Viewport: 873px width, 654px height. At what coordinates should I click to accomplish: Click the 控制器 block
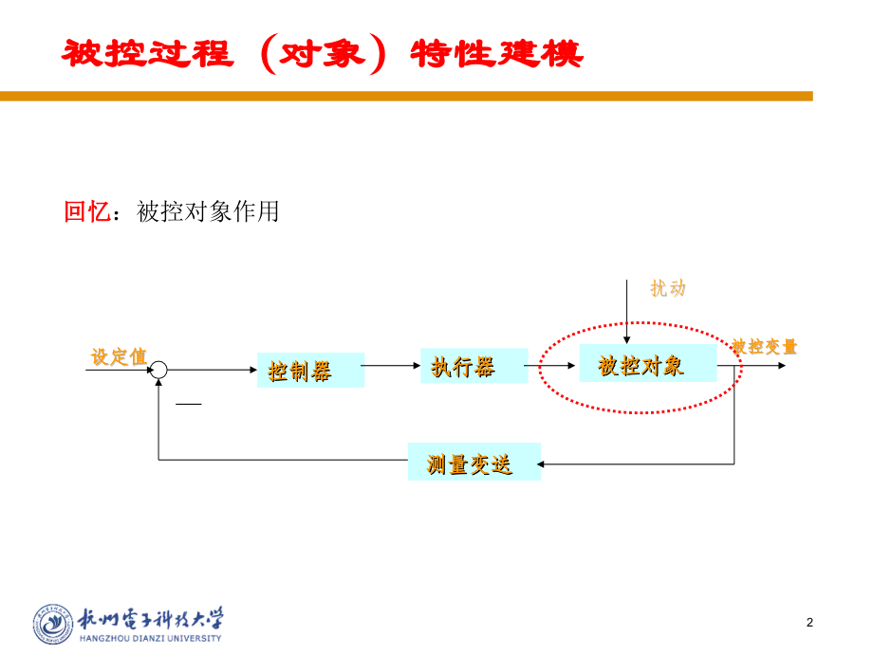pyautogui.click(x=310, y=370)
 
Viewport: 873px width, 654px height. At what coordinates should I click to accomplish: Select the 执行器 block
pyautogui.click(x=474, y=366)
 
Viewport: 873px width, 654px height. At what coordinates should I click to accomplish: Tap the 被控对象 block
pyautogui.click(x=647, y=365)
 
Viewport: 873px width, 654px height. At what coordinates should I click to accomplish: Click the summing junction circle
pyautogui.click(x=159, y=370)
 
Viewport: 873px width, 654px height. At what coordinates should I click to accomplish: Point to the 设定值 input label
pyautogui.click(x=119, y=356)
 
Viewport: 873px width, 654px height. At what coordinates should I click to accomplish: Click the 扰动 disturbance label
pyautogui.click(x=668, y=289)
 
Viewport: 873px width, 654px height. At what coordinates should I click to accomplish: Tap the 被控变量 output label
pyautogui.click(x=765, y=347)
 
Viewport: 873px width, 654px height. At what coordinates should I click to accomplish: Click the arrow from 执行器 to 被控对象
pyautogui.click(x=553, y=366)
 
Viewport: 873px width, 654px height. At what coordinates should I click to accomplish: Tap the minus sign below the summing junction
pyautogui.click(x=189, y=404)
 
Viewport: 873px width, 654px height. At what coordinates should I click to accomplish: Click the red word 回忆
pyautogui.click(x=86, y=211)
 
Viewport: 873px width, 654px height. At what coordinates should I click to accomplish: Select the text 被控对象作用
pyautogui.click(x=208, y=211)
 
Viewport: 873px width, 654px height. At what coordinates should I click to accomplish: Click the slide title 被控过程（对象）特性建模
pyautogui.click(x=323, y=54)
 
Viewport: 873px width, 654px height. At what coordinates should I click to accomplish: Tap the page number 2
pyautogui.click(x=809, y=623)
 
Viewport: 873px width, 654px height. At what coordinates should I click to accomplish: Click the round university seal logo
pyautogui.click(x=54, y=625)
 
